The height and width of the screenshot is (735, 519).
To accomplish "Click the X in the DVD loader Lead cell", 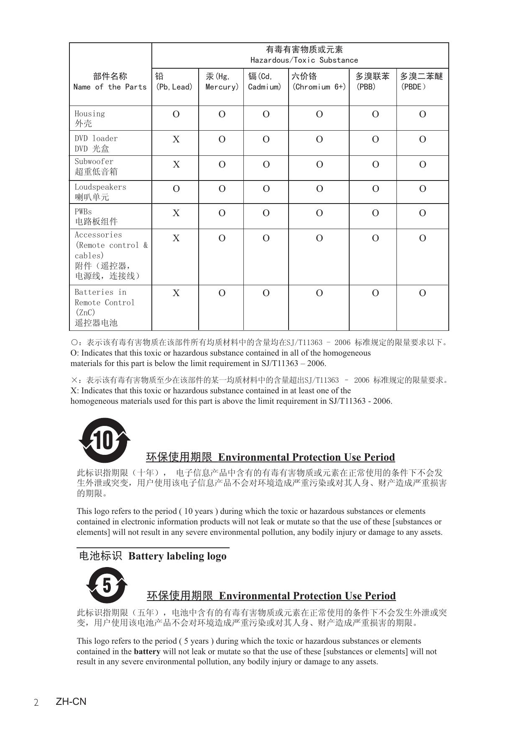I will point(176,139).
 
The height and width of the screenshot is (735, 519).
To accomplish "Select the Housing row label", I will point(89,118).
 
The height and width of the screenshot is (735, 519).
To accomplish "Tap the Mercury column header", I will point(222,82).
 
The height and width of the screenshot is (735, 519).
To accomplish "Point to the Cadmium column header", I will point(265,82).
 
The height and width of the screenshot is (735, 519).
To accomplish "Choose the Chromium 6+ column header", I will point(319,82).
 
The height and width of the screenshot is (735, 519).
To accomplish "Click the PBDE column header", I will point(422,82).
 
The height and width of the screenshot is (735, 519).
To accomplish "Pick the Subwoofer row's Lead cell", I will point(176,165).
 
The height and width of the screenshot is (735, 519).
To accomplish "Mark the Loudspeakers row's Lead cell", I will point(176,189).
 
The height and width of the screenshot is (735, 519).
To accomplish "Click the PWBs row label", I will point(96,217).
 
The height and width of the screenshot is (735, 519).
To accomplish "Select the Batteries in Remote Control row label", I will point(105,307).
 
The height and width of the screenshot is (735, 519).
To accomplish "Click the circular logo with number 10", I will point(105,440).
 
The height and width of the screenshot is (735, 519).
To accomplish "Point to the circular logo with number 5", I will point(107,585).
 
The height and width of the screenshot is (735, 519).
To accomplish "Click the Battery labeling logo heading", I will point(153,556).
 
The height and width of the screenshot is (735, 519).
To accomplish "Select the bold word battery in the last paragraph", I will point(147,652).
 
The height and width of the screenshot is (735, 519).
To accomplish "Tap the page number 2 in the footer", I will point(36,702).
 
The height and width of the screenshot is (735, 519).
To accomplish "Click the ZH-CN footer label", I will point(71,701).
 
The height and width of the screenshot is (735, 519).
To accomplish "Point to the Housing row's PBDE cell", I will point(422,114).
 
